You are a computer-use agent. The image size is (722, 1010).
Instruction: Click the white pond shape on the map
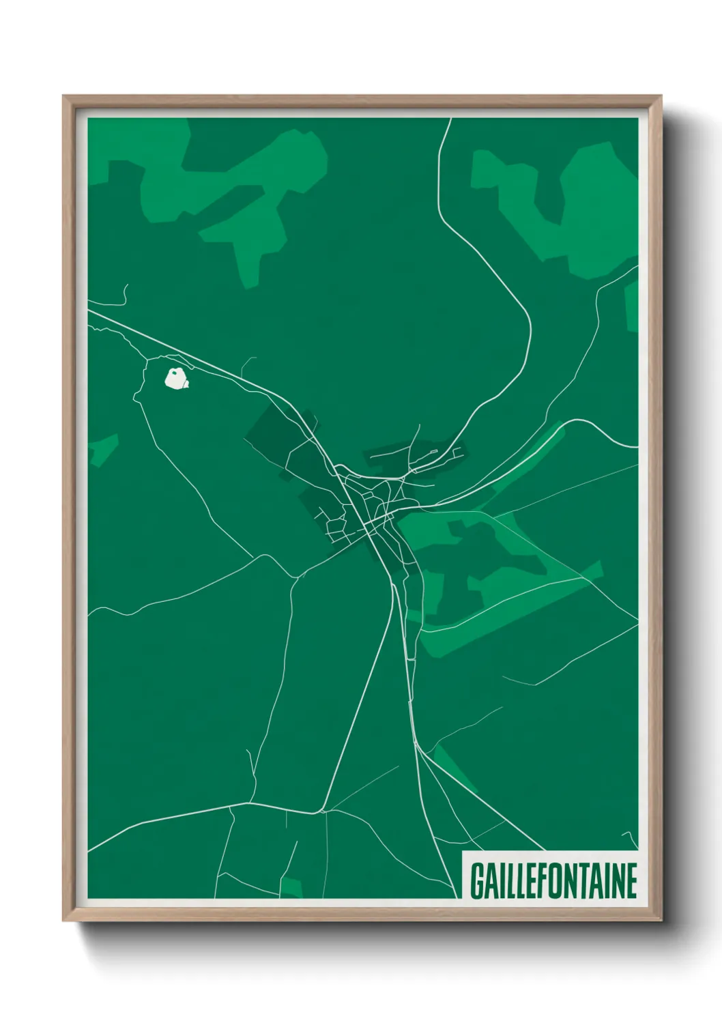tap(175, 378)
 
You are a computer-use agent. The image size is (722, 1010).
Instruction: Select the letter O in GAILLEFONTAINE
tap(554, 881)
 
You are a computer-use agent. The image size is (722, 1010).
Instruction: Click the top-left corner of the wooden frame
tap(63, 96)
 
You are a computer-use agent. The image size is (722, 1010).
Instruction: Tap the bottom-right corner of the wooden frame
tap(661, 921)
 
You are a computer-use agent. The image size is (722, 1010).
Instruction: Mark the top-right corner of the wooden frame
tap(661, 96)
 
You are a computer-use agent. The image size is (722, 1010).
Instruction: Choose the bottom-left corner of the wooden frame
tap(63, 921)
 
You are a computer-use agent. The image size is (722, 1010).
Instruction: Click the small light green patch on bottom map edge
tap(291, 887)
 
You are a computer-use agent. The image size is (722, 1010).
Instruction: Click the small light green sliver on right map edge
tap(632, 307)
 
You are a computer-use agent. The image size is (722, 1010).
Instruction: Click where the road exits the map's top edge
tap(450, 119)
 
